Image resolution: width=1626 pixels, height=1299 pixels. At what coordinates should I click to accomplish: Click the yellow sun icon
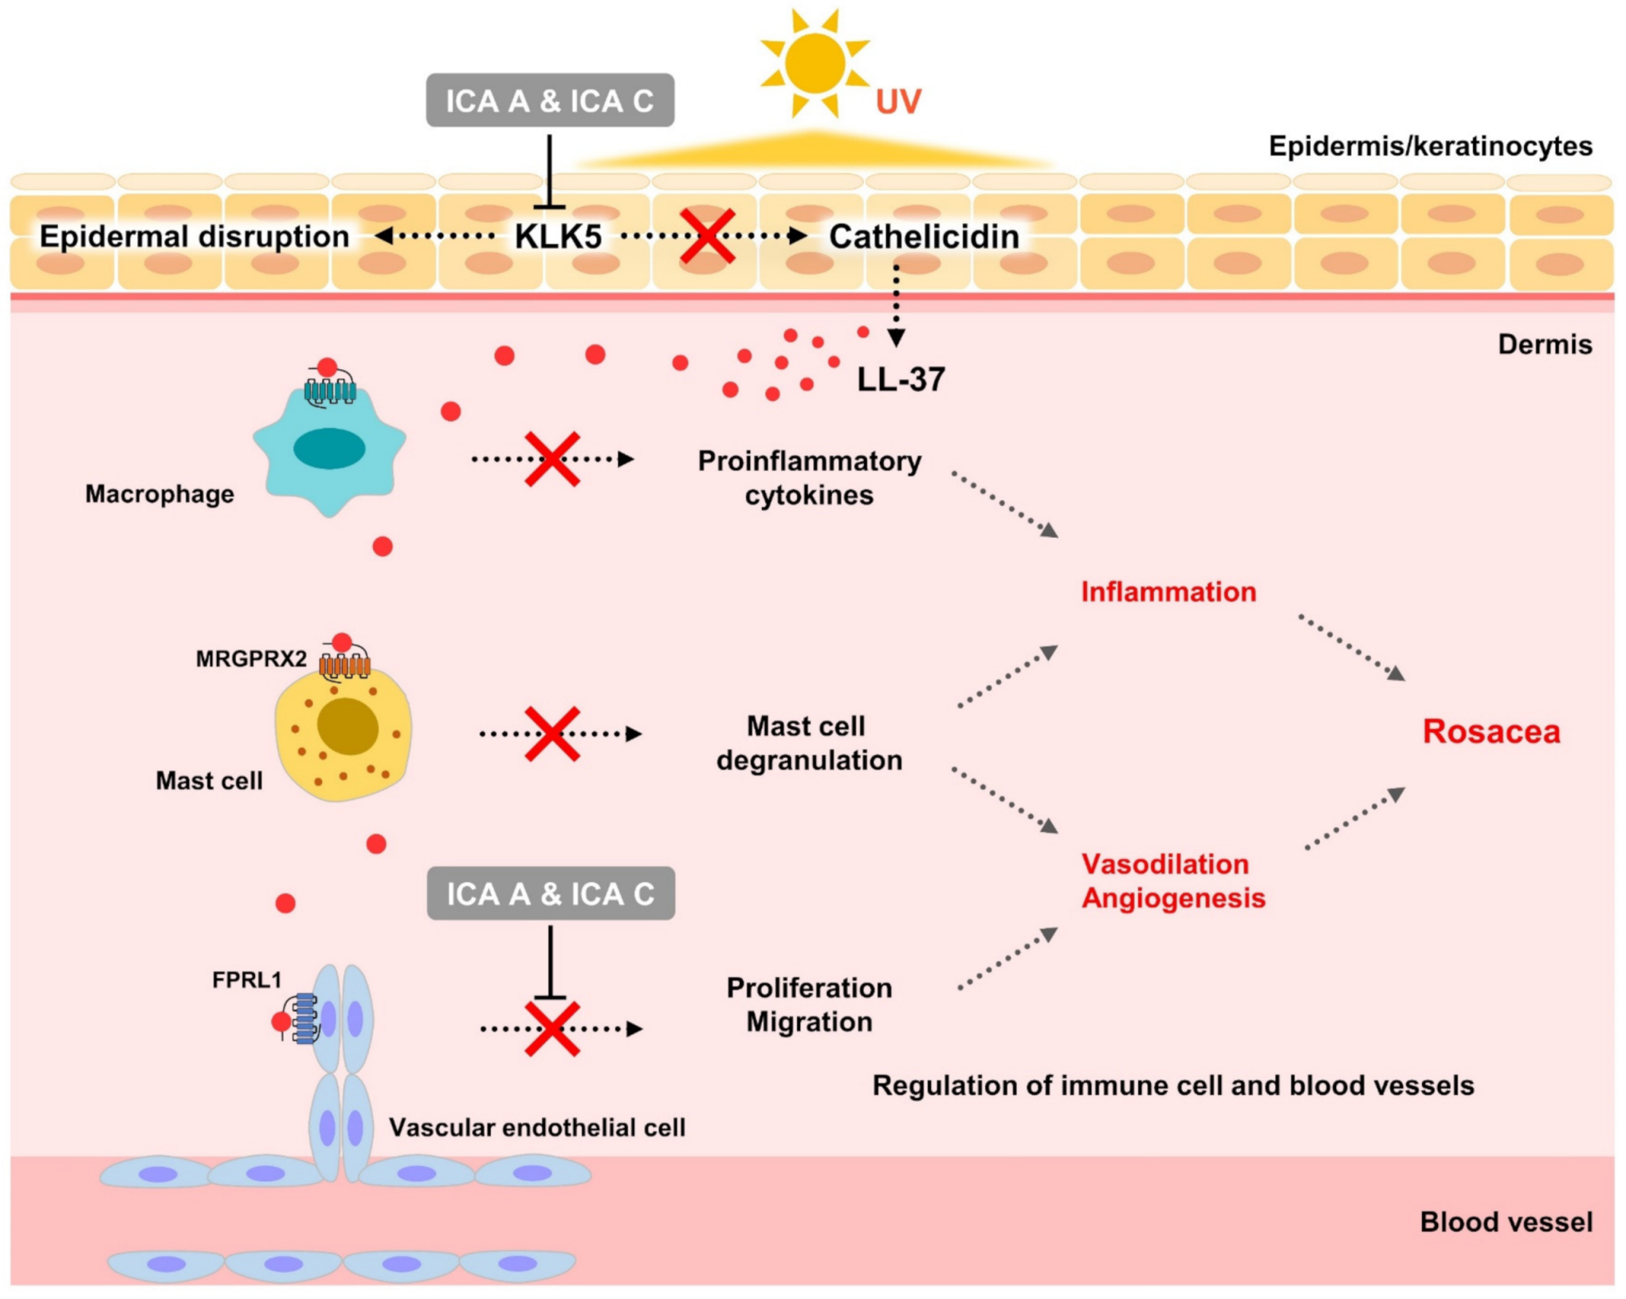tap(814, 64)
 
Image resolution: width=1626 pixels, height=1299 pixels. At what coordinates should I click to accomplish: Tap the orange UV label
tap(897, 102)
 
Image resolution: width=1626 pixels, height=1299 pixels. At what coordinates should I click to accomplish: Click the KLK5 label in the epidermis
tap(558, 237)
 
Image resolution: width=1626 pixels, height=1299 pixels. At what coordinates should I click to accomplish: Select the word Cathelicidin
tap(924, 237)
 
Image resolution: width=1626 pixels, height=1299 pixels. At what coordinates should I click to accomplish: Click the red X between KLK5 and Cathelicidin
tap(707, 237)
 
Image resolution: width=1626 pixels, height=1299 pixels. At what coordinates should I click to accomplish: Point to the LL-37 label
tap(901, 379)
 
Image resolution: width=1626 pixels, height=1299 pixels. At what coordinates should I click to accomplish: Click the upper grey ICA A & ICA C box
tap(550, 100)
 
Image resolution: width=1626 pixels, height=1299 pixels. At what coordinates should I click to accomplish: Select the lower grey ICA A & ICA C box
tap(551, 893)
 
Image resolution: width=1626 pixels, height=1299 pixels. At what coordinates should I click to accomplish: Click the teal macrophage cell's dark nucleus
tap(329, 448)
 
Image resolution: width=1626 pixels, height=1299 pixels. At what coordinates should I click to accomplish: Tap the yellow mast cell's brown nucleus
tap(348, 726)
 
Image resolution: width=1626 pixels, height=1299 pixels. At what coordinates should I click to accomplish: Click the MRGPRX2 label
tap(251, 658)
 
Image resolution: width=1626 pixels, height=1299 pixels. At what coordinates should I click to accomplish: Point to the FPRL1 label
tap(246, 979)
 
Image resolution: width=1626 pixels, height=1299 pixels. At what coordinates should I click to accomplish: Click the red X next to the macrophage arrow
tap(552, 459)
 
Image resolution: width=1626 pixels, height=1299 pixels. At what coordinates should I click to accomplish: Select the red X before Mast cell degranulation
tap(552, 733)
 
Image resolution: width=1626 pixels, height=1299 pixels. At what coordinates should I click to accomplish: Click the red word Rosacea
tap(1490, 732)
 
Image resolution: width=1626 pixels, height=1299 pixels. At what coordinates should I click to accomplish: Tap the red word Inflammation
tap(1168, 592)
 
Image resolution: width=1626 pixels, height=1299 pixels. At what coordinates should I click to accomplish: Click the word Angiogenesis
tap(1172, 898)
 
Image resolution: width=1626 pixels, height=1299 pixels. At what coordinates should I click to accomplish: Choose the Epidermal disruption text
tap(194, 237)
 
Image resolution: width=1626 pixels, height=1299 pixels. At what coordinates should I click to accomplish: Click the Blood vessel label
tap(1506, 1222)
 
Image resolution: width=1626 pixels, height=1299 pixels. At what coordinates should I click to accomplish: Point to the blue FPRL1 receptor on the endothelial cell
tap(304, 1019)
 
